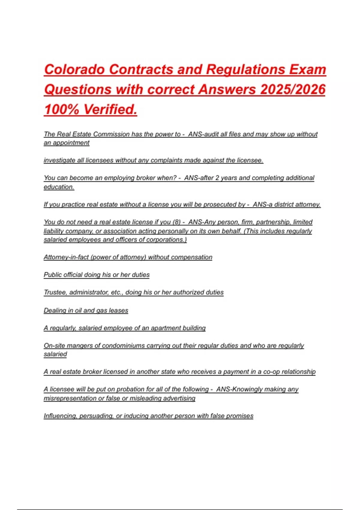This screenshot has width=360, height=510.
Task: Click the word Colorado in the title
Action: (x=74, y=70)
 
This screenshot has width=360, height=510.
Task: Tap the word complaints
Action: (x=166, y=160)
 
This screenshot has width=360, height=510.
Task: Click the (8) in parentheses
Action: (x=176, y=222)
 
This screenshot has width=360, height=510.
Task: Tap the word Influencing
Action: (x=60, y=416)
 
